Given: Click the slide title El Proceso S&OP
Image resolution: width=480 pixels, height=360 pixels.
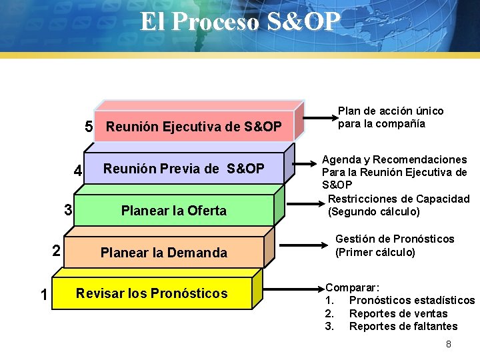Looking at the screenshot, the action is pyautogui.click(x=240, y=22).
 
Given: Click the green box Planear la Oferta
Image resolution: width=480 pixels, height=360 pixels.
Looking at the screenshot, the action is pyautogui.click(x=173, y=211).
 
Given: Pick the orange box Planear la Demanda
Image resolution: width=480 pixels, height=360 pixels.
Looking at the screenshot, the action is pyautogui.click(x=163, y=253).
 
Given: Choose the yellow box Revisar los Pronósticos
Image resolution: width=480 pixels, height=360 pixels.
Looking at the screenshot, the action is pyautogui.click(x=152, y=293).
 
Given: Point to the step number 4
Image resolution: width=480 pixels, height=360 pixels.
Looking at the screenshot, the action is pyautogui.click(x=78, y=171).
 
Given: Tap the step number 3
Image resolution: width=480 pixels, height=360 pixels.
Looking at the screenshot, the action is pyautogui.click(x=68, y=210).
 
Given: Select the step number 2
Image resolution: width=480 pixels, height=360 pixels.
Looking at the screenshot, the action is pyautogui.click(x=57, y=251).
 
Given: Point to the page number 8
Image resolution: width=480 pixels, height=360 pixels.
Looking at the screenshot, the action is pyautogui.click(x=449, y=344).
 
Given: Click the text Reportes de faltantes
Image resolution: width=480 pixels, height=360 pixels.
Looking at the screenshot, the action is pyautogui.click(x=403, y=326).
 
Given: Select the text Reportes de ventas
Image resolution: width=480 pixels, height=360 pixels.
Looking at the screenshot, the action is pyautogui.click(x=398, y=313).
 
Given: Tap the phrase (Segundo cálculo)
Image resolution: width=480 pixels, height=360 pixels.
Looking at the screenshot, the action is pyautogui.click(x=374, y=212).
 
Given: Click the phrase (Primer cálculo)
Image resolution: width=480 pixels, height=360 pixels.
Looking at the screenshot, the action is pyautogui.click(x=375, y=252).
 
